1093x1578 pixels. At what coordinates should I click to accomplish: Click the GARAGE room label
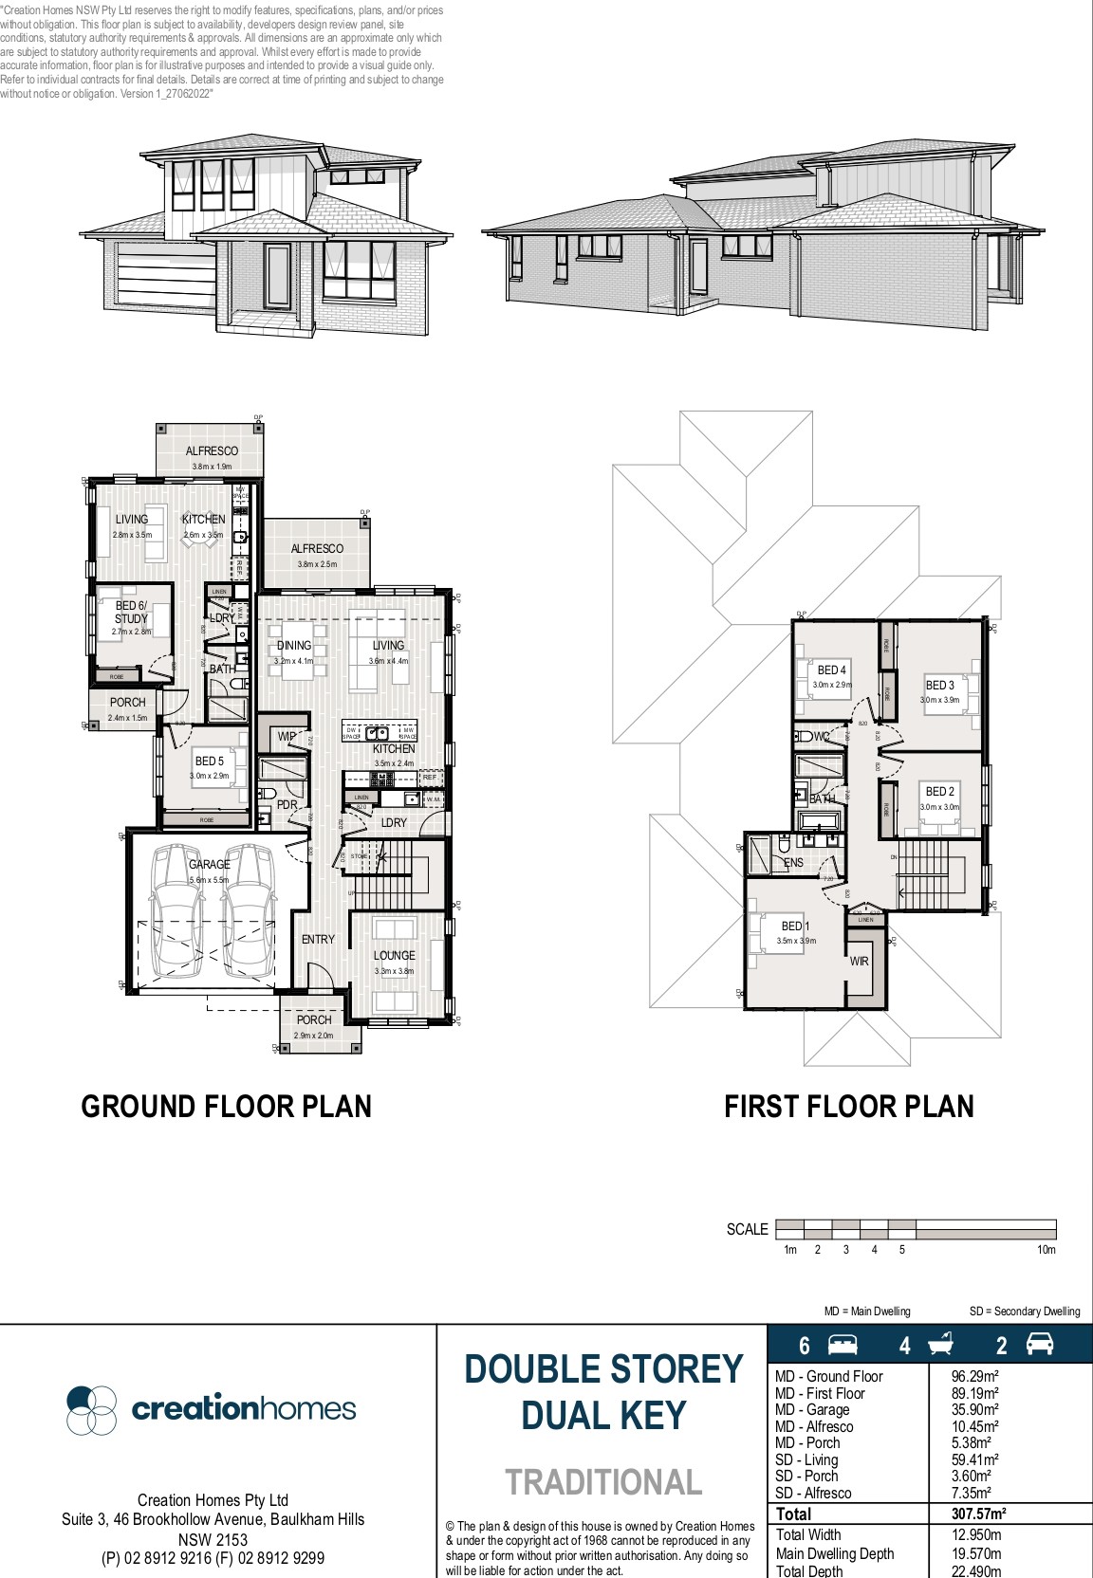tap(209, 864)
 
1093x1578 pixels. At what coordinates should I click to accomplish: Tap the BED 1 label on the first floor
tap(795, 927)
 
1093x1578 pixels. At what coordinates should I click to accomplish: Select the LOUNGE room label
tap(394, 955)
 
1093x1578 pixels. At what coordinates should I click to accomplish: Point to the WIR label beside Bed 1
tap(859, 962)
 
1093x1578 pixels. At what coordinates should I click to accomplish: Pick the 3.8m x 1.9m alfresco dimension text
tap(212, 467)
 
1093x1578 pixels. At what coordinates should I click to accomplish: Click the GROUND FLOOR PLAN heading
tap(226, 1107)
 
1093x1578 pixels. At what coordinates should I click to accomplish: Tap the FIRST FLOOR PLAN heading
tap(848, 1107)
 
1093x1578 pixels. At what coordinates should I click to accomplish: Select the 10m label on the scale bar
tap(1045, 1250)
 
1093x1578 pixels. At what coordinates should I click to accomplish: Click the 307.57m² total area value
tap(978, 1514)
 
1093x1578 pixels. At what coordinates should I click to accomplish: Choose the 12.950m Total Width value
tap(975, 1534)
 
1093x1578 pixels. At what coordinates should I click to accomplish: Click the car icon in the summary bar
tap(1040, 1345)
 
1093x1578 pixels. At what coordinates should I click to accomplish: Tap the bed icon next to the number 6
tap(843, 1345)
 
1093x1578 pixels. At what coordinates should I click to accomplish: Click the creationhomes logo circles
tap(91, 1409)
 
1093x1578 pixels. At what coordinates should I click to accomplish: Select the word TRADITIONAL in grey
tap(603, 1482)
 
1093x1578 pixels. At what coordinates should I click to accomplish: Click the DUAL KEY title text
tap(603, 1416)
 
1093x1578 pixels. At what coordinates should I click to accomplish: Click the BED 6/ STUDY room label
tap(131, 612)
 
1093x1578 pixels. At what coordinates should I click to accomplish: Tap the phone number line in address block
tap(213, 1558)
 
